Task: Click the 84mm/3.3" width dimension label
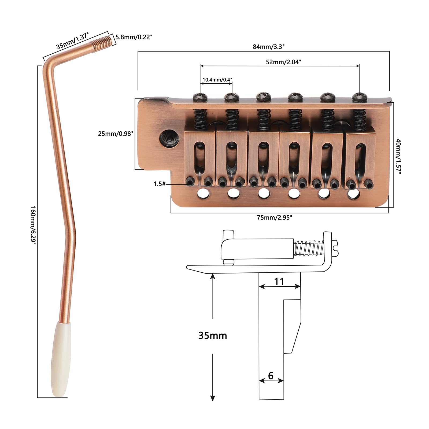pyautogui.click(x=268, y=47)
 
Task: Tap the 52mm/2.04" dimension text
pyautogui.click(x=283, y=62)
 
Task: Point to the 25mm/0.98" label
pyautogui.click(x=115, y=134)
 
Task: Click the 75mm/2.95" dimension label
pyautogui.click(x=274, y=218)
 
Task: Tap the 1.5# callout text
pyautogui.click(x=160, y=184)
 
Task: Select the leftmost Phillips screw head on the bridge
pyautogui.click(x=200, y=97)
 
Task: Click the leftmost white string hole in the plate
pyautogui.click(x=202, y=194)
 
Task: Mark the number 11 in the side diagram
pyautogui.click(x=279, y=282)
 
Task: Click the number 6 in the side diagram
pyautogui.click(x=271, y=376)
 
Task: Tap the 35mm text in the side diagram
pyautogui.click(x=213, y=335)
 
